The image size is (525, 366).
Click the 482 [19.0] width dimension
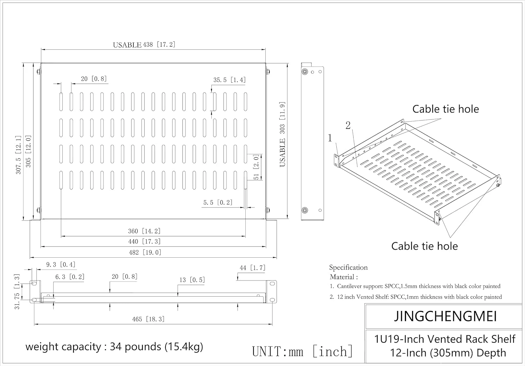145,252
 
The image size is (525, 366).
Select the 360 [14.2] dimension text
144,231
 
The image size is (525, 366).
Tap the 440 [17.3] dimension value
144,241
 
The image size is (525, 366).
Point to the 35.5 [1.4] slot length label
230,80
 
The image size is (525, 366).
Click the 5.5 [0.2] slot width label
218,202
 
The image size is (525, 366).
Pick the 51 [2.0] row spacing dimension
256,167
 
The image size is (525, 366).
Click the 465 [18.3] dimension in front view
148,319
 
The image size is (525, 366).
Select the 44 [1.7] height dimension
252,267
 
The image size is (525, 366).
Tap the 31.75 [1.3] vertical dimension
17,292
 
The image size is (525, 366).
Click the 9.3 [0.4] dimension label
61,265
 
